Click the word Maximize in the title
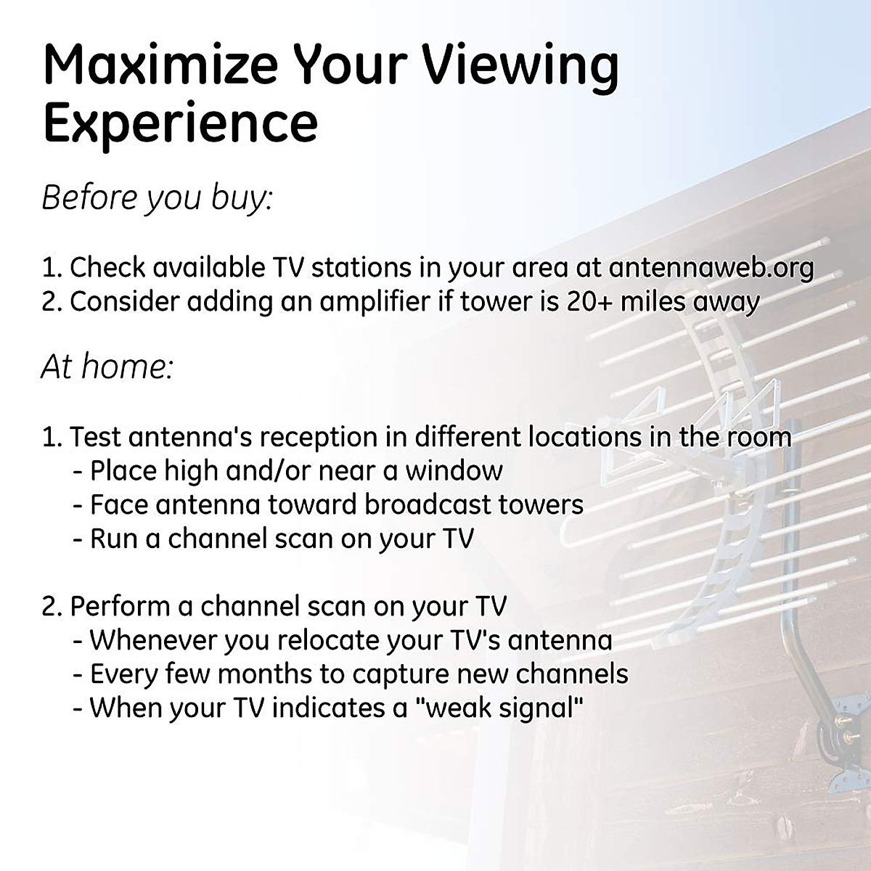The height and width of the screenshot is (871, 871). (160, 65)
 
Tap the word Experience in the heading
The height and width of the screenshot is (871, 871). (180, 123)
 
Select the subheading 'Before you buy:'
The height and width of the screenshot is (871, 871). (157, 198)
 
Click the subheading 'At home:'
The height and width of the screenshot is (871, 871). (107, 367)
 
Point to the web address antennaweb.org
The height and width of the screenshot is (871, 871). (711, 268)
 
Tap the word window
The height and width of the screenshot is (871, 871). (454, 471)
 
